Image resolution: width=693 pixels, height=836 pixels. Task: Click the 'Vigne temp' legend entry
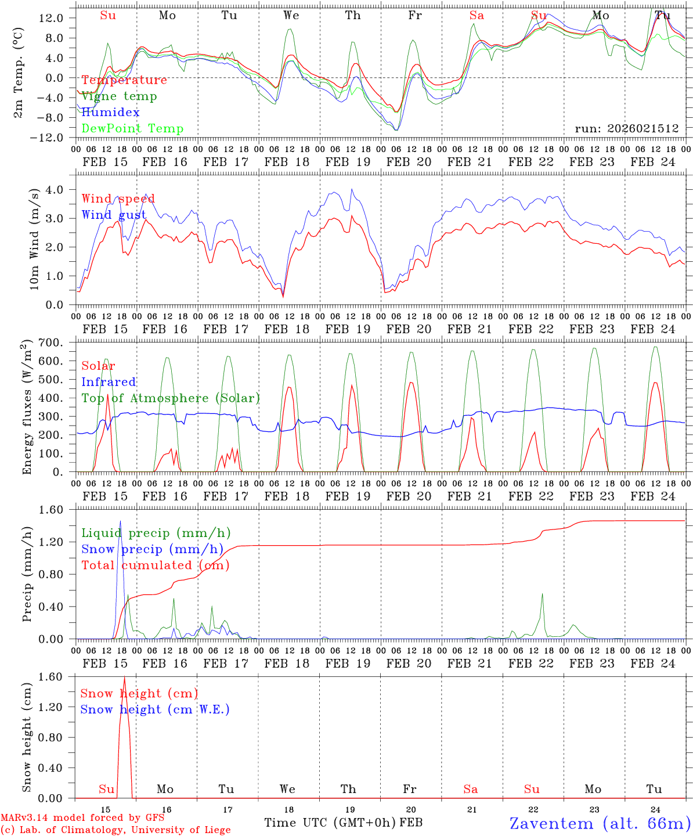[119, 96]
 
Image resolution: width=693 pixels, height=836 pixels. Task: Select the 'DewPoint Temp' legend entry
[132, 129]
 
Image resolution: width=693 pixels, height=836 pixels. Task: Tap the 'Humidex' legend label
[110, 113]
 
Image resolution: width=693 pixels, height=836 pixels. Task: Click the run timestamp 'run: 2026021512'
[626, 128]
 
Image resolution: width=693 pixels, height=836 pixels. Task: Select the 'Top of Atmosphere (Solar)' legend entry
[170, 398]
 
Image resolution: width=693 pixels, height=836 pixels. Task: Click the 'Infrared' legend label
[109, 382]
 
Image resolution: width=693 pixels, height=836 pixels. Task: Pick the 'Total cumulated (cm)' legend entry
[155, 565]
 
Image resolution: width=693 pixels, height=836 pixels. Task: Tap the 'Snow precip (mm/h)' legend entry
[152, 549]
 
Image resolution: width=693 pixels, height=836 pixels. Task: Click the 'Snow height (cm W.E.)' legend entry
[155, 709]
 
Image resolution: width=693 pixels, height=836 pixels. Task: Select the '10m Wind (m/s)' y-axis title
[33, 239]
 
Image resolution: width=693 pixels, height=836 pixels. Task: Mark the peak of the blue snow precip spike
[120, 521]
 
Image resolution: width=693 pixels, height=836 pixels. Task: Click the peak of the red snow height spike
[124, 677]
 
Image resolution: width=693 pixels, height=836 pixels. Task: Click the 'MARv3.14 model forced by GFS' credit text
[82, 818]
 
